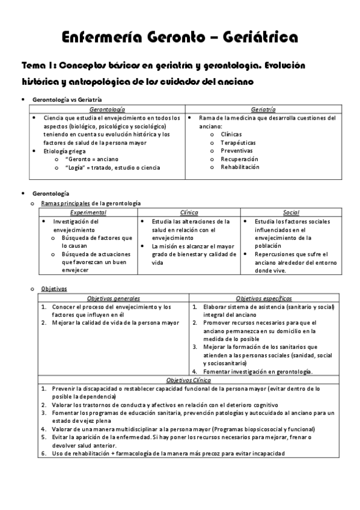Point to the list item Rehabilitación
point(240,167)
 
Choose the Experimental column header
point(88,212)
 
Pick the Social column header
point(291,212)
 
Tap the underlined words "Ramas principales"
point(65,203)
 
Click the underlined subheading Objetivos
point(54,289)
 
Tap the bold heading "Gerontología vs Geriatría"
point(67,99)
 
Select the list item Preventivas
point(237,151)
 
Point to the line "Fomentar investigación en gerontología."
point(257,372)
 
